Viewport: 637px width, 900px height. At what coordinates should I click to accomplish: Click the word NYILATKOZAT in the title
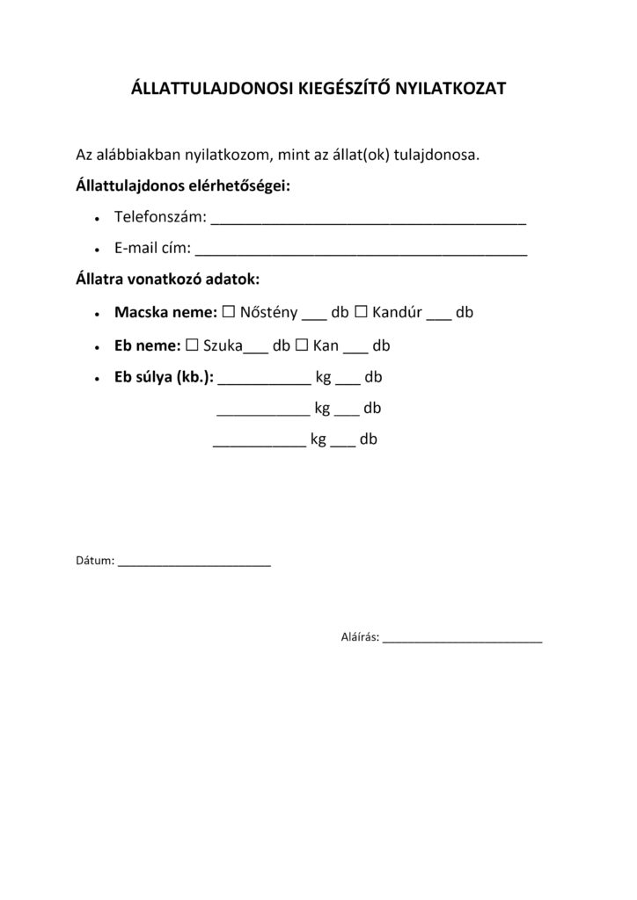coord(447,89)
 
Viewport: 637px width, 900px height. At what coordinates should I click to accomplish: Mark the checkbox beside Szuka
coord(192,345)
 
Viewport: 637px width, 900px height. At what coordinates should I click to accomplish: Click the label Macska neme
coord(165,312)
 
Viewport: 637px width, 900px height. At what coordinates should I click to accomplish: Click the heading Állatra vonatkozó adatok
coord(167,279)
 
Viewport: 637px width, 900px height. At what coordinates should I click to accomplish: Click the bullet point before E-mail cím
coord(96,250)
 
